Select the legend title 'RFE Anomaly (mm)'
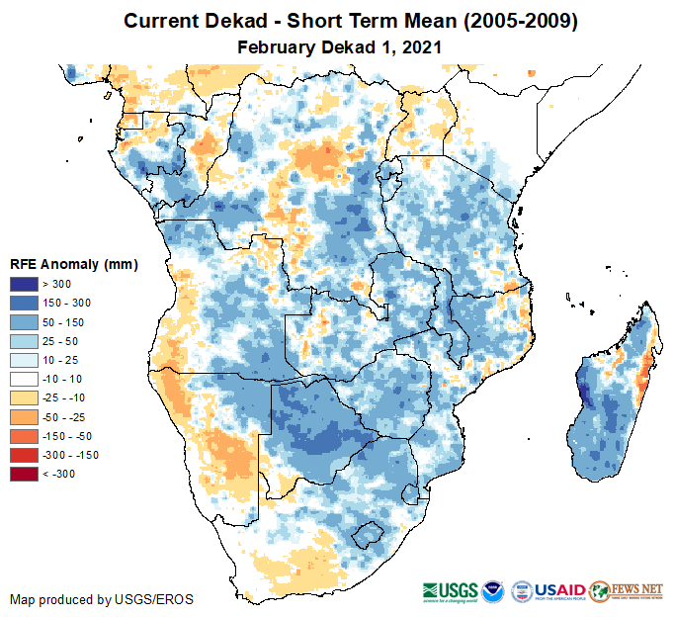(x=74, y=265)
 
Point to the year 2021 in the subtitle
(x=420, y=46)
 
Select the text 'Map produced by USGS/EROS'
(x=102, y=599)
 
